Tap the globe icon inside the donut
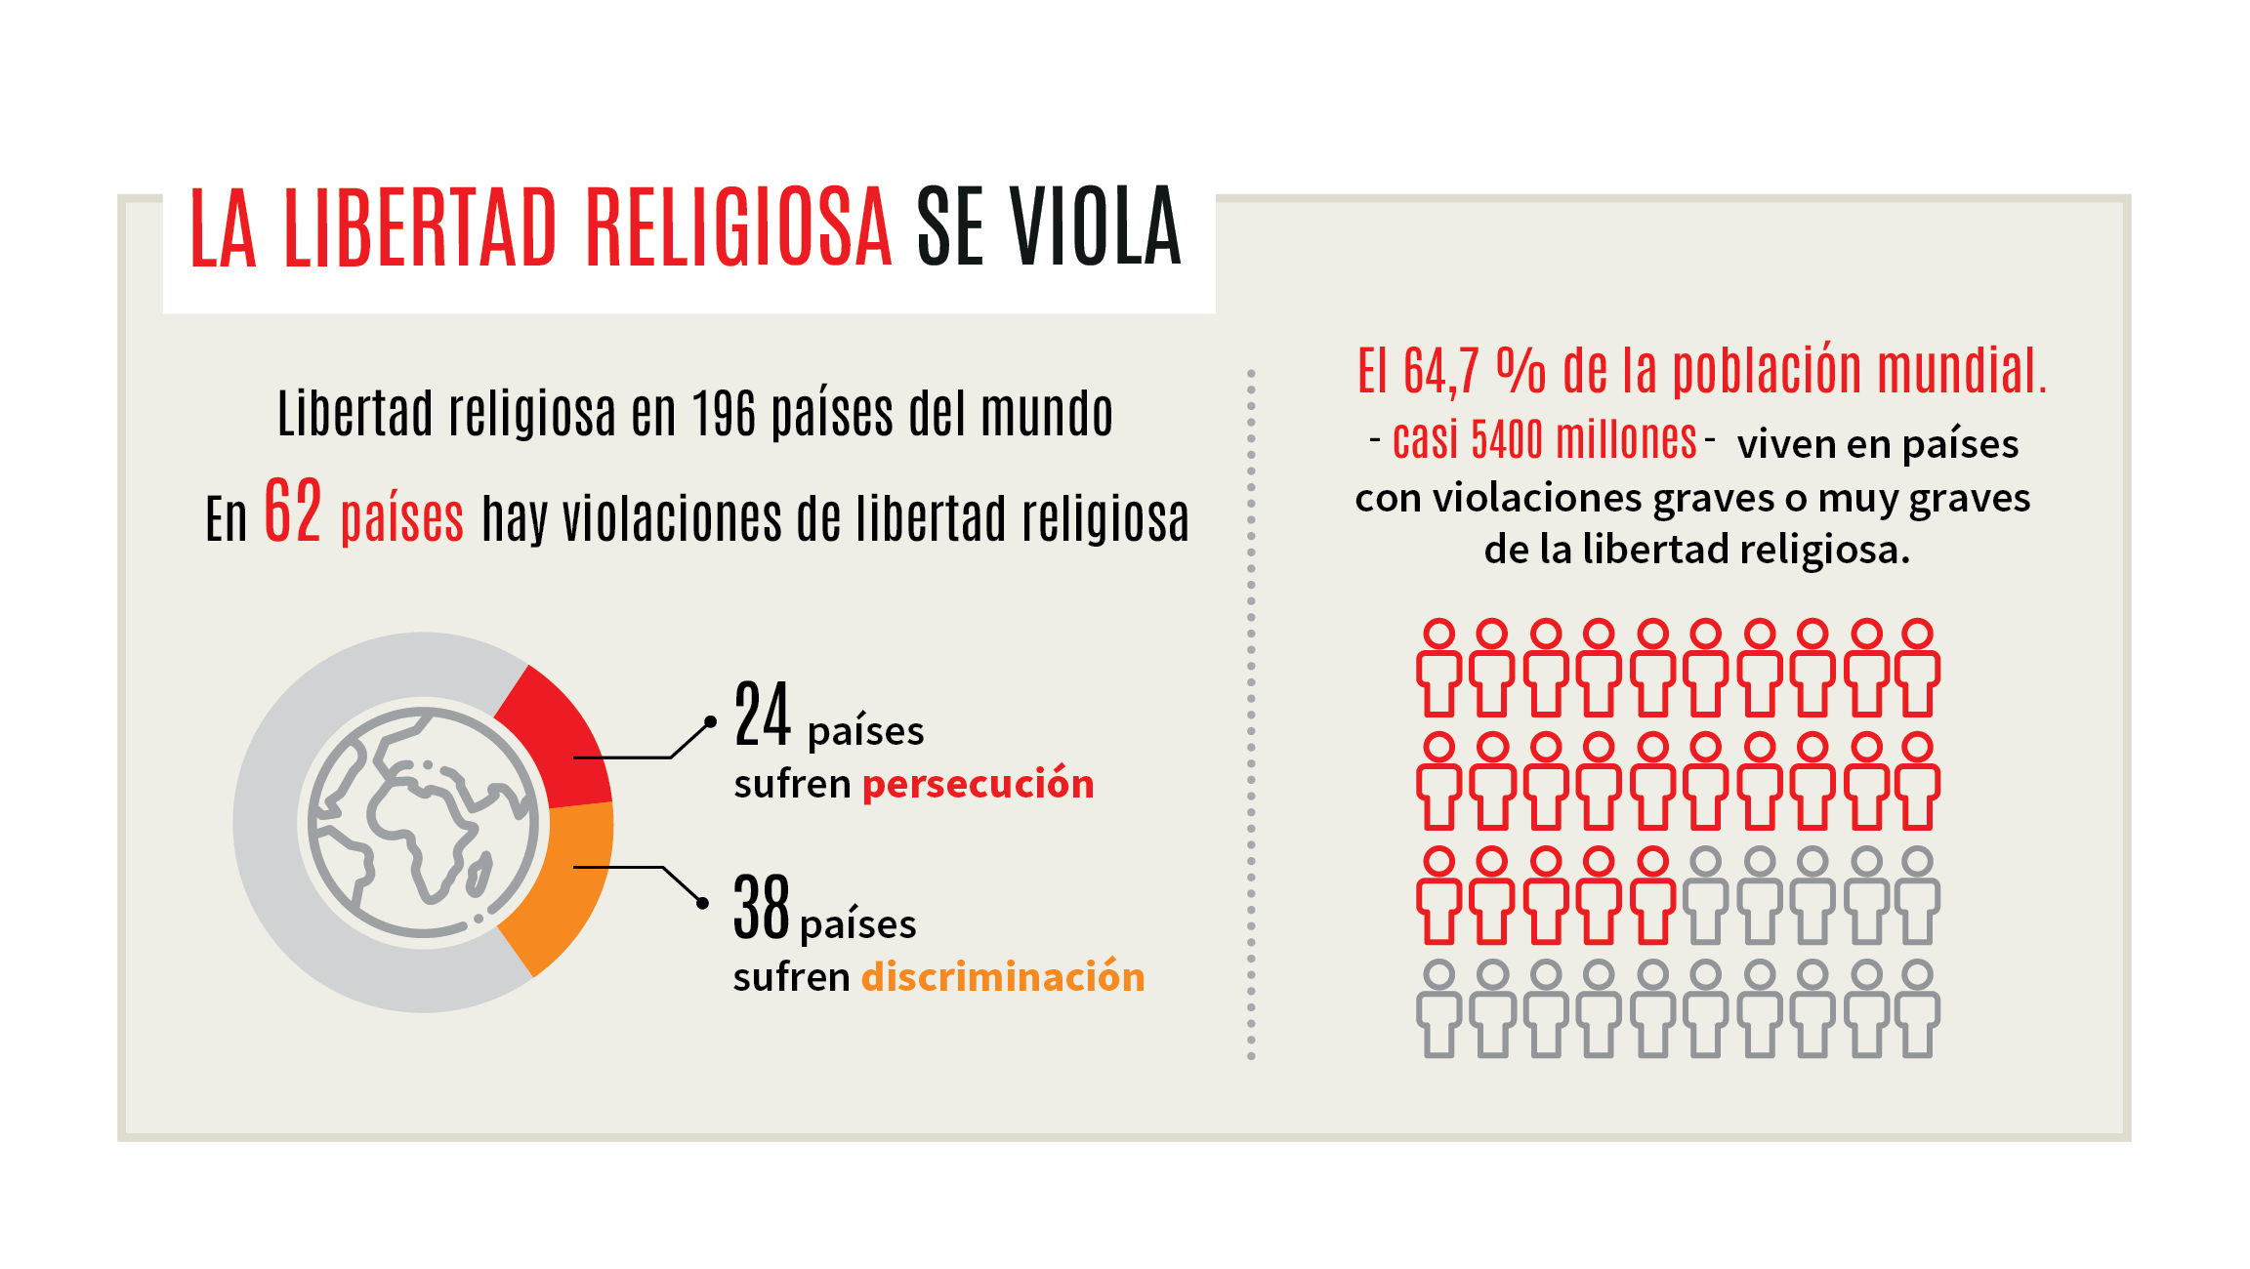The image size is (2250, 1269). [422, 823]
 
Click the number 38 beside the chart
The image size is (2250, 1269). [761, 908]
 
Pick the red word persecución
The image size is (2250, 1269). [978, 784]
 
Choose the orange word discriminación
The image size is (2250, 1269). [1002, 977]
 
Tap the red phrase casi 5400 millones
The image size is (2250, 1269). [1544, 440]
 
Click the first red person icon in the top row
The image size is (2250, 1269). [1438, 668]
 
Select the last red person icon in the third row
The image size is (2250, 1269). [1652, 895]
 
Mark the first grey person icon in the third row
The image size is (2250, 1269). [1705, 895]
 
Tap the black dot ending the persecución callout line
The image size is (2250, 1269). [710, 722]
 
